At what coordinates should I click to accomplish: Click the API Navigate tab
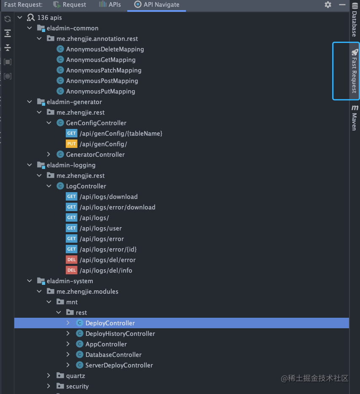[157, 5]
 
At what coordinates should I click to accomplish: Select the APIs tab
[110, 5]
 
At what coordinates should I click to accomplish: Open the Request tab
[70, 5]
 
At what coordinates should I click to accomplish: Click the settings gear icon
[328, 5]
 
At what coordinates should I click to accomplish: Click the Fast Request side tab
[354, 71]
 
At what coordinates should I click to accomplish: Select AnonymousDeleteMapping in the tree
[105, 49]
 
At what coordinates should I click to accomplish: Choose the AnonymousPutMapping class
[100, 91]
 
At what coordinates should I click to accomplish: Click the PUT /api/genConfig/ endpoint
[103, 144]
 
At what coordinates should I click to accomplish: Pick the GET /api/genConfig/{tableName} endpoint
[121, 134]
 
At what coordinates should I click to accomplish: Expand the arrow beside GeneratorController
[49, 155]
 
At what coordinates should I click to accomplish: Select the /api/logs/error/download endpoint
[117, 207]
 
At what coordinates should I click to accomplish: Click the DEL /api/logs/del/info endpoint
[106, 271]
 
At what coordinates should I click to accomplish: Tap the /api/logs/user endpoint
[100, 228]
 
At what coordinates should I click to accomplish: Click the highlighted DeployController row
[110, 323]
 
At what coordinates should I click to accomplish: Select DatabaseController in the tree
[113, 355]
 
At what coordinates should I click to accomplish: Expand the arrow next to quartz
[49, 376]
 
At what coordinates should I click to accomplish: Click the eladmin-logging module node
[71, 165]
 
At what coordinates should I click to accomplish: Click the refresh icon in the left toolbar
[7, 19]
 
